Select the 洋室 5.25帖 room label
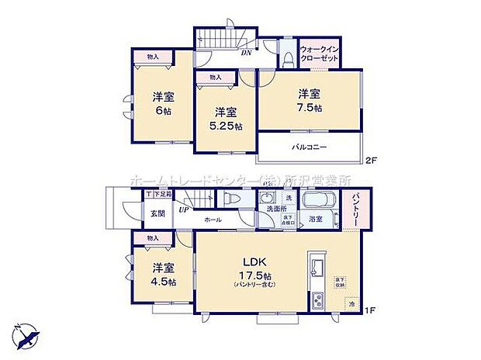click(225, 117)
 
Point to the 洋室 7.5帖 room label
click(309, 100)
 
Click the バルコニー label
click(309, 146)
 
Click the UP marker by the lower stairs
click(183, 209)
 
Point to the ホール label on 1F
click(213, 220)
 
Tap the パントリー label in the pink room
click(354, 210)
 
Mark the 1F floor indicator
click(370, 311)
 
